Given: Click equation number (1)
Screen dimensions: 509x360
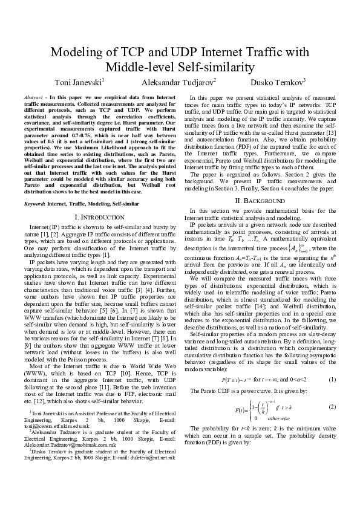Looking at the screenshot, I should click(x=332, y=345).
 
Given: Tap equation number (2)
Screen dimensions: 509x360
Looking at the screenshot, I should click(x=332, y=374).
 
